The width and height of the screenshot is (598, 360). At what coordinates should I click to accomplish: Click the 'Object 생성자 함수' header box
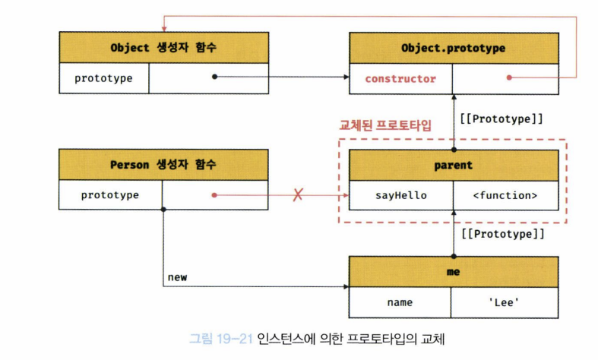163,48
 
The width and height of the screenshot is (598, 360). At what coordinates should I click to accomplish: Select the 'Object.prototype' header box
453,48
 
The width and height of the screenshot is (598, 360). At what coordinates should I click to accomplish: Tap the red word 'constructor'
400,78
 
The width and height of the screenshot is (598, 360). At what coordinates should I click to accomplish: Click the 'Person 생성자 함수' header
163,165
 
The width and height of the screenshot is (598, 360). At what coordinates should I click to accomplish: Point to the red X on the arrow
298,195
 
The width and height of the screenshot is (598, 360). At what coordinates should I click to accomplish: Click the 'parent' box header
453,165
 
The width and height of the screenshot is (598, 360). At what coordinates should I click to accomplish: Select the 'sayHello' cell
400,195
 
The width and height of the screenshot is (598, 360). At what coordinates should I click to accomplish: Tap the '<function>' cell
505,195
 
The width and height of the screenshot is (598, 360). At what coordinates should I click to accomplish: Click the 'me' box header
453,271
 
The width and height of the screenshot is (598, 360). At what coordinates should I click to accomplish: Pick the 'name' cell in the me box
400,302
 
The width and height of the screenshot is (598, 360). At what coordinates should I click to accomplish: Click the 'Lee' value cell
505,302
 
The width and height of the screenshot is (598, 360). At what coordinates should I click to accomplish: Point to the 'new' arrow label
177,277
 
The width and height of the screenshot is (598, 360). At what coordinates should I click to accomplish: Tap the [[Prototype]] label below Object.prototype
501,118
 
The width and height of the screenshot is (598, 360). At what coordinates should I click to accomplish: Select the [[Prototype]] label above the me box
501,233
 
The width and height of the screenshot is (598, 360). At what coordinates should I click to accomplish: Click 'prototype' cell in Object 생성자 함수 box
103,78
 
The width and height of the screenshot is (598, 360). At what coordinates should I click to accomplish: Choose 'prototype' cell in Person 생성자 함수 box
110,195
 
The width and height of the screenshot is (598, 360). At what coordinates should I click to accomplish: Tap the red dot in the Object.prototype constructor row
509,78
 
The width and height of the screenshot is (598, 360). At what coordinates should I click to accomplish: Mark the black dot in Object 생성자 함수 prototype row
215,77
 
